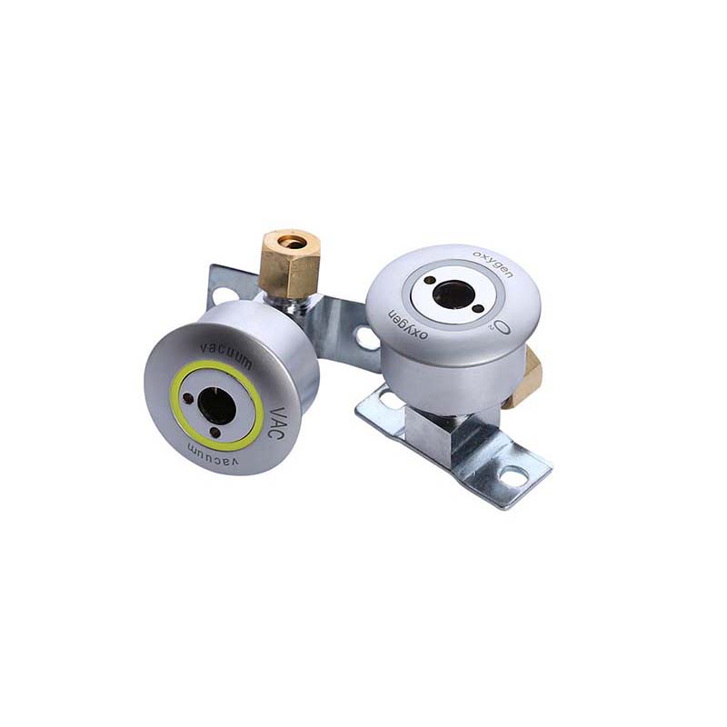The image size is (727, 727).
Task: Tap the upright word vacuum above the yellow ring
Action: point(225,355)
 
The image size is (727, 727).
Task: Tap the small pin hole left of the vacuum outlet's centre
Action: point(188,399)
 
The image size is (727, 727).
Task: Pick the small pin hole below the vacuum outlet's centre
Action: point(214,432)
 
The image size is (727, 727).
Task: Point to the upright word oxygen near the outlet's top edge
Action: point(493,264)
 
